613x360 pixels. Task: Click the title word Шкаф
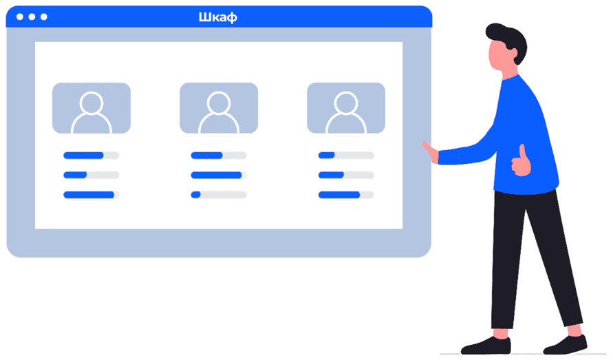(217, 17)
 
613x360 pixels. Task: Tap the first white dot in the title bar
(19, 17)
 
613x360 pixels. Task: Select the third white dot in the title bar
(44, 17)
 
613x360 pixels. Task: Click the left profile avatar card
(92, 108)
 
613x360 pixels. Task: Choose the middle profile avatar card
(219, 108)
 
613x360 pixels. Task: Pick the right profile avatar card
(346, 108)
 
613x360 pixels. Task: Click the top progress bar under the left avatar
(91, 156)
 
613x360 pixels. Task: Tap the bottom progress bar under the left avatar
(91, 195)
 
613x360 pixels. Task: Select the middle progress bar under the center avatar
(218, 175)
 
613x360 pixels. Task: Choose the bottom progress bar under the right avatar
(346, 195)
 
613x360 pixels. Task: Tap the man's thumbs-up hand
(521, 162)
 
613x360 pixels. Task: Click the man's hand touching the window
(430, 151)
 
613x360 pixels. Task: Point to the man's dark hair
(507, 39)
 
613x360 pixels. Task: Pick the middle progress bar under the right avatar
(346, 175)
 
